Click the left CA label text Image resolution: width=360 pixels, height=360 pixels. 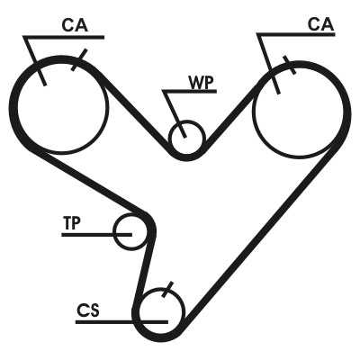point(75,25)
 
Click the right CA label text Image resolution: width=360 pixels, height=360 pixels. point(320,24)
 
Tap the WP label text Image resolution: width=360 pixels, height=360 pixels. point(202,82)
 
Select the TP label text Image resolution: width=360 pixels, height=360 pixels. point(72,223)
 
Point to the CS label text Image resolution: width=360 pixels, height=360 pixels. point(87,310)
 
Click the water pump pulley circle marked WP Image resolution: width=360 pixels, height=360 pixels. point(169,138)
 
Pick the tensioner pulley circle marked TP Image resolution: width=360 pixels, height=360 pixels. point(115,231)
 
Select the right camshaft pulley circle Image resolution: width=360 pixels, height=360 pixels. point(254,111)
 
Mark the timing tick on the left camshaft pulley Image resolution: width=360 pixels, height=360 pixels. point(79,59)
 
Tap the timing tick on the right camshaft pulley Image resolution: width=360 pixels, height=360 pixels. point(290,65)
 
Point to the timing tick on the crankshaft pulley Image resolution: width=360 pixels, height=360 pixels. point(167,290)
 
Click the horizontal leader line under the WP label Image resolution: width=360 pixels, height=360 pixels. point(189,91)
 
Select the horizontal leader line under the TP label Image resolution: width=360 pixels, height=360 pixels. point(96,235)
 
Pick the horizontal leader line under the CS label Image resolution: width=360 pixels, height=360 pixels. point(121,322)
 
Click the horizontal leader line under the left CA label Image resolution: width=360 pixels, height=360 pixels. point(64,38)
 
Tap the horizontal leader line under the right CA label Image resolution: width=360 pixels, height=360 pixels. point(296,34)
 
